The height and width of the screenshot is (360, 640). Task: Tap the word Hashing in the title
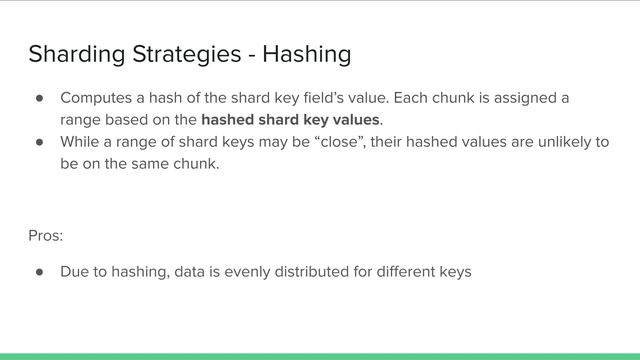(306, 53)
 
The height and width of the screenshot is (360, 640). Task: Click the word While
(80, 141)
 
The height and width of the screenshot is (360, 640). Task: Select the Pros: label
(46, 236)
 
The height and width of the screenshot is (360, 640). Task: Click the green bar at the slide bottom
(320, 355)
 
